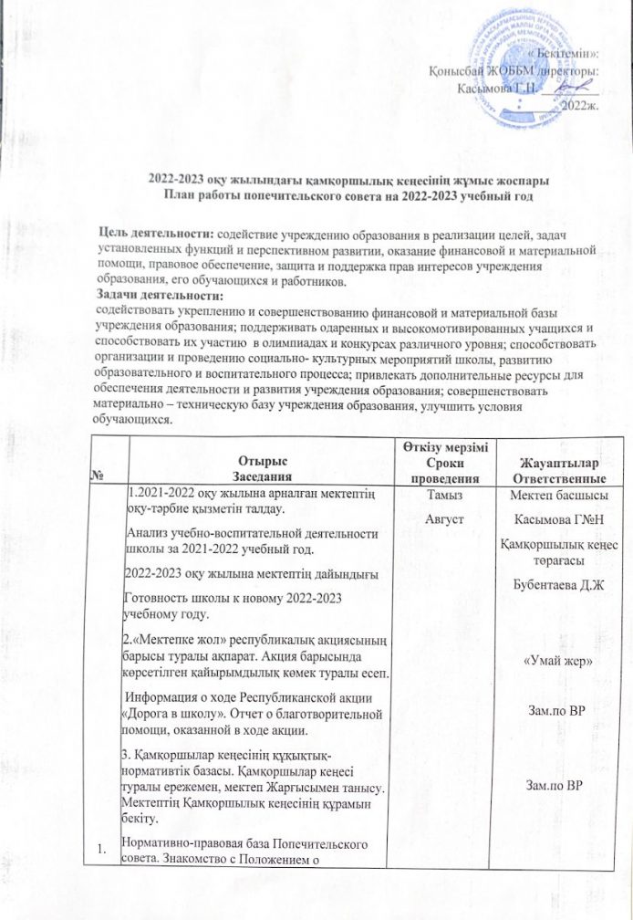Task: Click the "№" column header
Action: tap(121, 476)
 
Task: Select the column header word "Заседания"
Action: tap(262, 476)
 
